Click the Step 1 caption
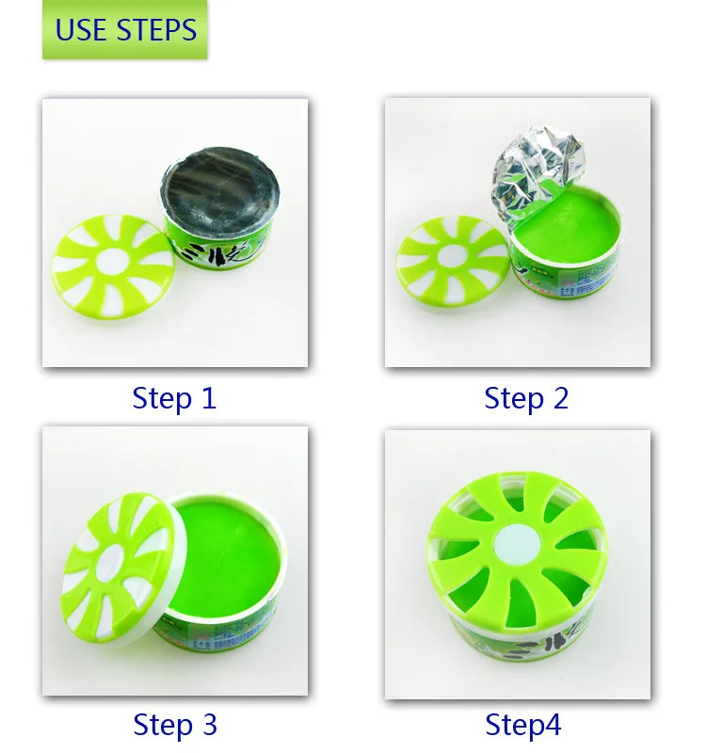174,398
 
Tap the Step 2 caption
526,398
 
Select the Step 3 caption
175,725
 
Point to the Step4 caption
523,725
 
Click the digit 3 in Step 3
208,725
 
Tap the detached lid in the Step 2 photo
454,257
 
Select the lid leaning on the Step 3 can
119,571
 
